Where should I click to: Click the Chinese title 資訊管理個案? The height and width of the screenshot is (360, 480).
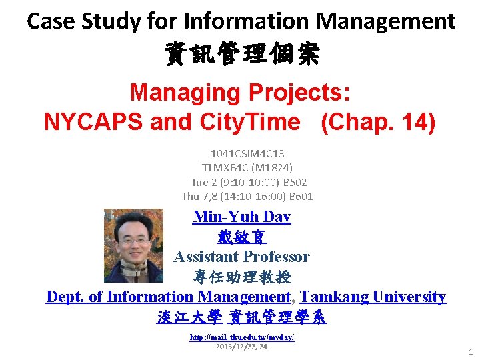click(241, 55)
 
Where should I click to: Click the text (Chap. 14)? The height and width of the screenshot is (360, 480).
click(378, 122)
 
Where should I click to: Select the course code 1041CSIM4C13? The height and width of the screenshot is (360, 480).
click(247, 153)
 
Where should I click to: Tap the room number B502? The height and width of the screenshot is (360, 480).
click(293, 182)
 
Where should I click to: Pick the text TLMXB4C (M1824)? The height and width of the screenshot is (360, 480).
click(247, 167)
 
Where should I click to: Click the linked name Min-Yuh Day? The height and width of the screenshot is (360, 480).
click(241, 217)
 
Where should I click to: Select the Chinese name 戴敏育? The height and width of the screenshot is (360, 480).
click(241, 237)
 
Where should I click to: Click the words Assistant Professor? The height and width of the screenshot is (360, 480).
click(241, 257)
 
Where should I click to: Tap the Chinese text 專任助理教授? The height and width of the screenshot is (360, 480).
click(241, 277)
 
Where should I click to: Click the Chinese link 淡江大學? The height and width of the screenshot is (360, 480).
click(189, 317)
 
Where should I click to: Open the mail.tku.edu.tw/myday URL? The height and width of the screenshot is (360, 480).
click(241, 337)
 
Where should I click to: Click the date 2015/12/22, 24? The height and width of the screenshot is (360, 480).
click(241, 347)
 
